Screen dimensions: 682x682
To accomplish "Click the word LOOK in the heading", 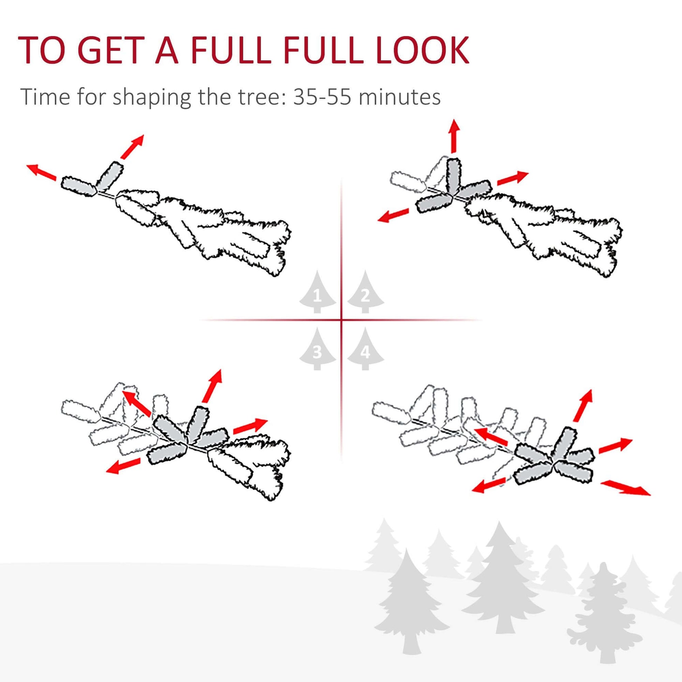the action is pyautogui.click(x=423, y=50).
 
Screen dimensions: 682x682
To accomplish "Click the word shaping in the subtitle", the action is pyautogui.click(x=152, y=97).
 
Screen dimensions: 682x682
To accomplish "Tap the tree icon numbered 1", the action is pyautogui.click(x=318, y=292).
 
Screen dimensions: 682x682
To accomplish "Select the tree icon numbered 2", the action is pyautogui.click(x=365, y=292).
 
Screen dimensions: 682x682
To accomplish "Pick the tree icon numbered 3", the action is pyautogui.click(x=318, y=348).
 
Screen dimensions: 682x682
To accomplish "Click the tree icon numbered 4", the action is pyautogui.click(x=365, y=348).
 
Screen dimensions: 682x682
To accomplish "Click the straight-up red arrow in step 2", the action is pyautogui.click(x=455, y=137).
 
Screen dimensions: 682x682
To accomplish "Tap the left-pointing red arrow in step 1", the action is pyautogui.click(x=41, y=173).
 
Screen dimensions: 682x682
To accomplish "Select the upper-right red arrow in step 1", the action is pyautogui.click(x=132, y=146).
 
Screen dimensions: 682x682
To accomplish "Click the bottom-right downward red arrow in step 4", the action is pyautogui.click(x=626, y=487).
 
